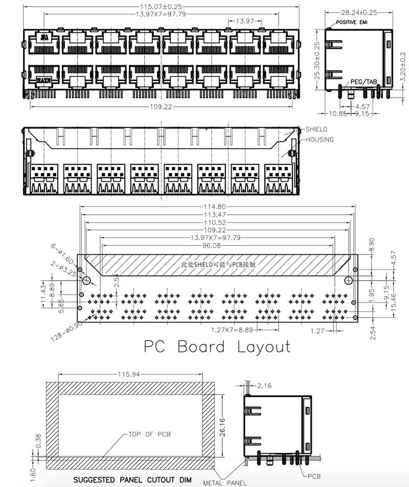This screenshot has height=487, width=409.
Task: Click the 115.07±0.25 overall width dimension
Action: (161, 7)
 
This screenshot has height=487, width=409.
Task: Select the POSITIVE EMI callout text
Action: (352, 22)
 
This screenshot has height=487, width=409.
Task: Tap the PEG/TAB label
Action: (363, 82)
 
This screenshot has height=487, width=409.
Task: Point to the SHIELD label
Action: (316, 129)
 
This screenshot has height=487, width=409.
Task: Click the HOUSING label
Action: (320, 140)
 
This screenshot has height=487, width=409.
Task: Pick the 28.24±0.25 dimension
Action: (359, 12)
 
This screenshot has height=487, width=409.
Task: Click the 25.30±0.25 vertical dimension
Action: (317, 61)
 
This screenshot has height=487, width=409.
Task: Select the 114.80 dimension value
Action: (215, 206)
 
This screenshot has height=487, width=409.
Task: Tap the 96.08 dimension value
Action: (211, 246)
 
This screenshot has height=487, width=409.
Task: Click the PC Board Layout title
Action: (217, 346)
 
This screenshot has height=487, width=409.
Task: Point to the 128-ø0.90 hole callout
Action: (67, 332)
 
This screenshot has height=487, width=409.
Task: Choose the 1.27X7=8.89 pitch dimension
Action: (232, 330)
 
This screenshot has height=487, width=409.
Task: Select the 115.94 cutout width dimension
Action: (129, 374)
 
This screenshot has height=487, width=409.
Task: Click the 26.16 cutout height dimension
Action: (223, 427)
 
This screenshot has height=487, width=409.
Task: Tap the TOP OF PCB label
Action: (150, 434)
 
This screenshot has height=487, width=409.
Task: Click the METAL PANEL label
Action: (225, 483)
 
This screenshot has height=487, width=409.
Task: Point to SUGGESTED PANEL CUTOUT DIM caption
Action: (132, 480)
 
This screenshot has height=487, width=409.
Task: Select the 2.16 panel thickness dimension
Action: (264, 386)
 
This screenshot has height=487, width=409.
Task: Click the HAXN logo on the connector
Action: (44, 80)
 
